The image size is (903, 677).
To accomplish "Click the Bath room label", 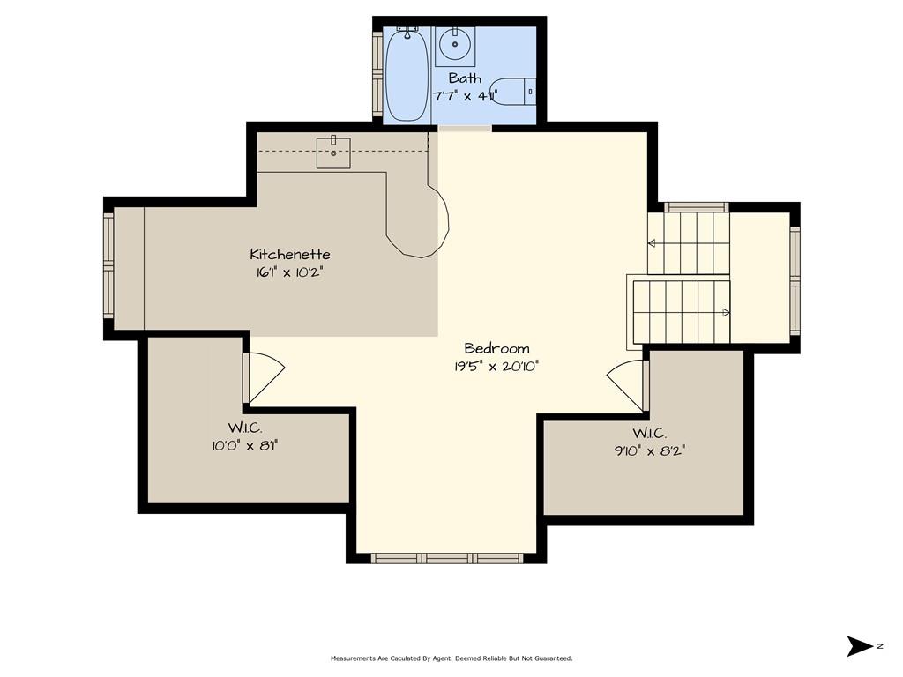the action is pyautogui.click(x=465, y=78).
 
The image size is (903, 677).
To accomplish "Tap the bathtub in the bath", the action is pyautogui.click(x=407, y=75).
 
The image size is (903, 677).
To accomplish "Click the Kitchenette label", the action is pyautogui.click(x=289, y=254).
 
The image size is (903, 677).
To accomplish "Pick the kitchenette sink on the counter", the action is pyautogui.click(x=333, y=153).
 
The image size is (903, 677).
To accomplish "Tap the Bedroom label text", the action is pyautogui.click(x=496, y=348).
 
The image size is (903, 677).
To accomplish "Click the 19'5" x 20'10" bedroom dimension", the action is pyautogui.click(x=496, y=367).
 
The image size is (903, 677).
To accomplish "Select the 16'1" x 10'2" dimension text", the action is pyautogui.click(x=289, y=272).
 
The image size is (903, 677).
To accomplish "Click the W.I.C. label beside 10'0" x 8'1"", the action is pyautogui.click(x=245, y=428).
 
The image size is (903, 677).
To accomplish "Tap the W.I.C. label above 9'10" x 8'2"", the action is pyautogui.click(x=650, y=433).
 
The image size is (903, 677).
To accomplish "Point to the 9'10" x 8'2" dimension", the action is pyautogui.click(x=650, y=450).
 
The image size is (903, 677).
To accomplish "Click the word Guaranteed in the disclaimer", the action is pyautogui.click(x=554, y=658).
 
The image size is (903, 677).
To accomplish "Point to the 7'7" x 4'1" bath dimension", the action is pyautogui.click(x=465, y=96).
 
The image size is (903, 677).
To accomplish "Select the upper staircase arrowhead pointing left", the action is pyautogui.click(x=652, y=243).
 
